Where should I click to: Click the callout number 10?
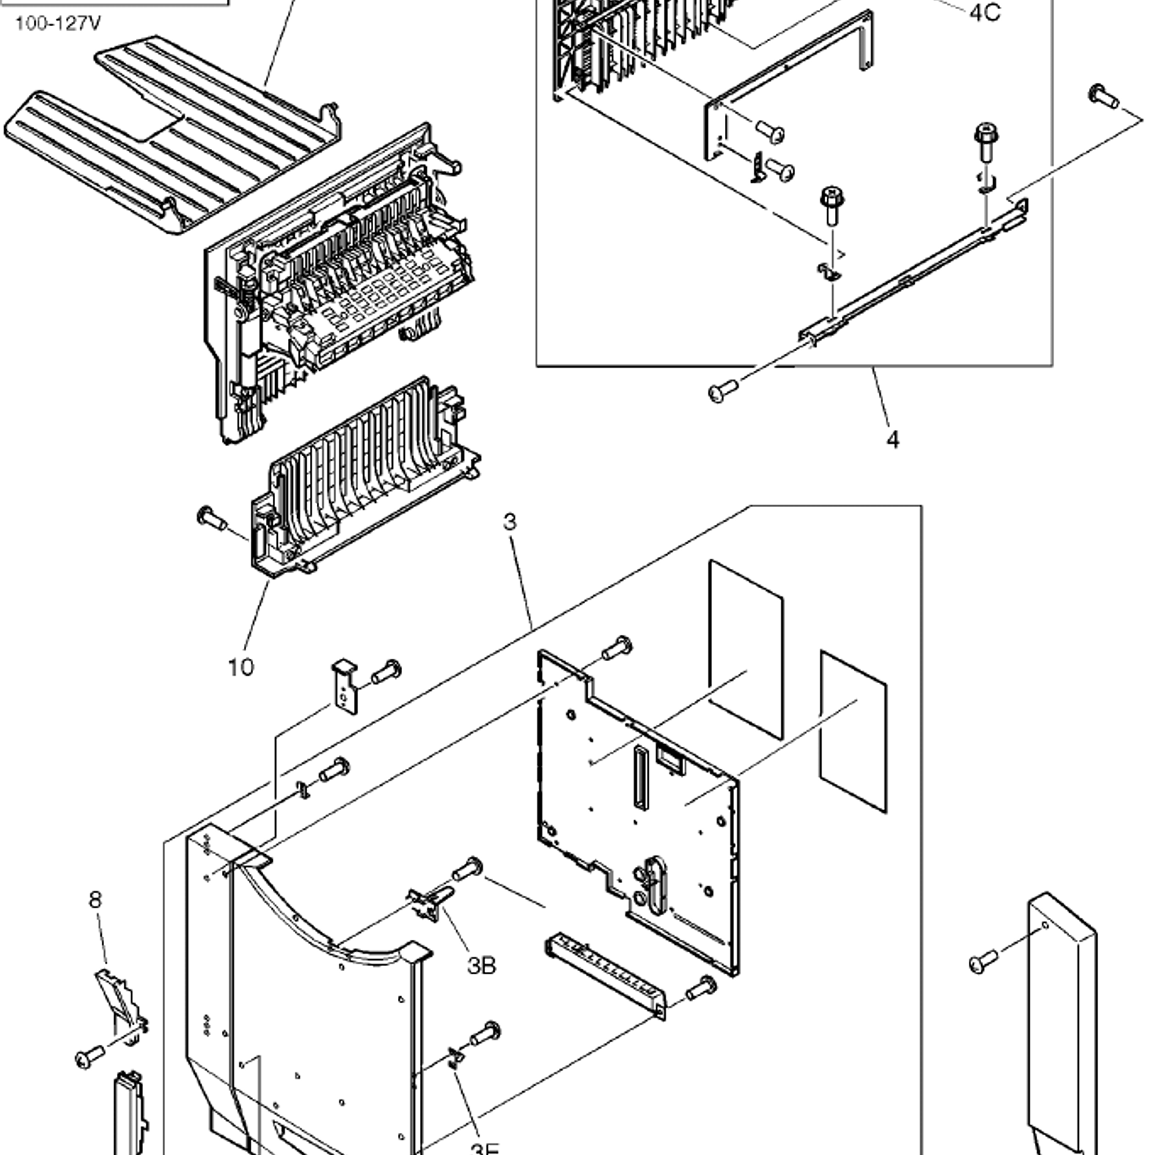coord(241,667)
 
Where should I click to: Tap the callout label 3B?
coord(481,965)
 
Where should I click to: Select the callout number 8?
coord(95,900)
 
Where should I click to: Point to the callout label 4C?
coord(985,13)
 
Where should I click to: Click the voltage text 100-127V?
coord(58,24)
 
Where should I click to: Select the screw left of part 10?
coord(210,518)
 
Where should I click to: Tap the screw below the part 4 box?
coord(723,391)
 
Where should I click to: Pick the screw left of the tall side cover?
coord(984,962)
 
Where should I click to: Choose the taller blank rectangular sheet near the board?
coord(745,650)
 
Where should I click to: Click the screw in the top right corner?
coord(1103,97)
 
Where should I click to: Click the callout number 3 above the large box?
coord(510,522)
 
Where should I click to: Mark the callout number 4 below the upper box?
coord(893,439)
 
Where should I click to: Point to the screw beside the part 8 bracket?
coord(90,1056)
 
